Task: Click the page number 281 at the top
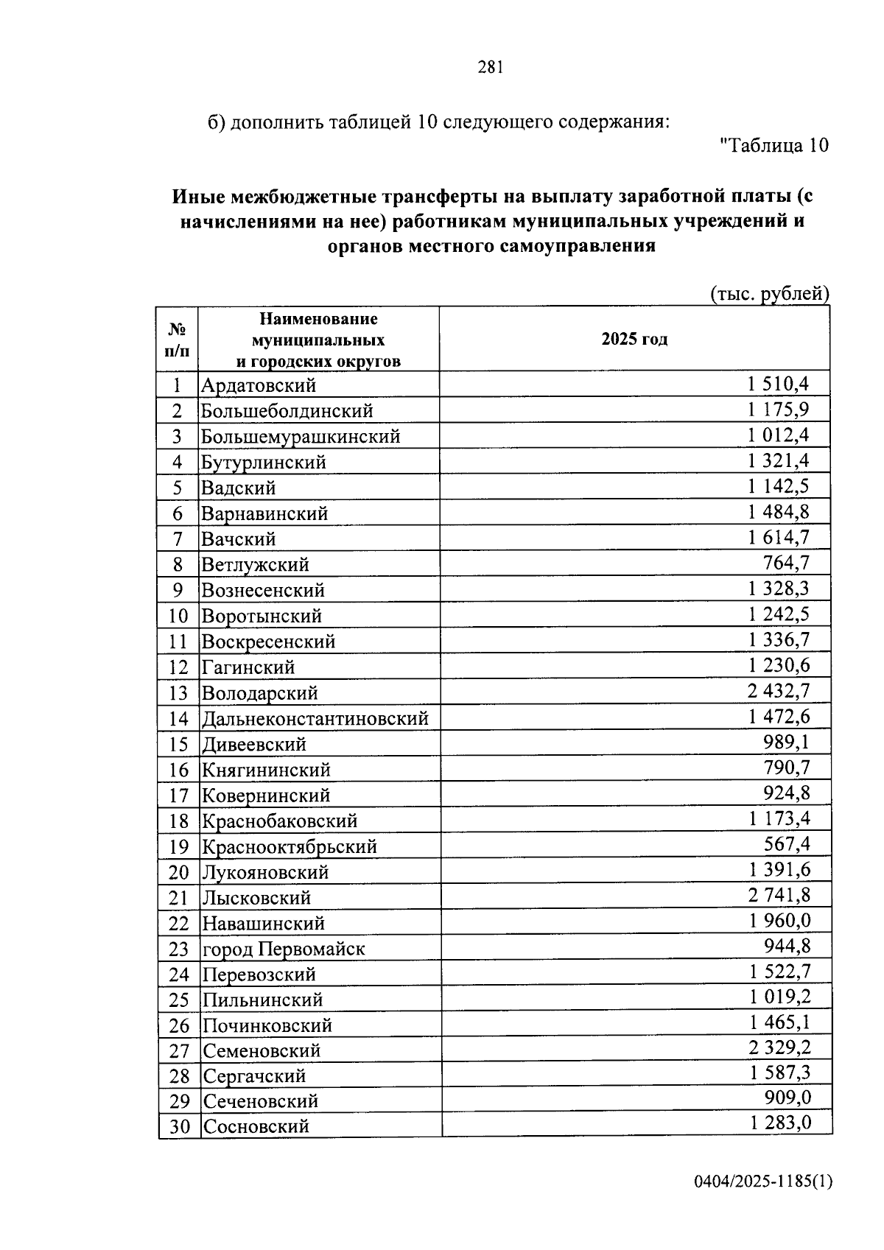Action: click(490, 68)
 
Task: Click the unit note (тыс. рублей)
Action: click(769, 294)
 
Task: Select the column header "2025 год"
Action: click(634, 340)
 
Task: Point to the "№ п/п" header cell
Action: click(178, 340)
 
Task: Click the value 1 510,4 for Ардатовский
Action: click(778, 384)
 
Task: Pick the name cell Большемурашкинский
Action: click(301, 437)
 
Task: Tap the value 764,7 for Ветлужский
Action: click(786, 563)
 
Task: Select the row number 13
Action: click(178, 693)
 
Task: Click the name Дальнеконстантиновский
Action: click(315, 718)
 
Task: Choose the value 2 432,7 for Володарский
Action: click(778, 691)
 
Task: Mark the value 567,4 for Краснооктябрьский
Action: click(787, 844)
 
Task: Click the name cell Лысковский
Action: click(257, 898)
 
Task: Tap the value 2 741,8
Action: click(779, 896)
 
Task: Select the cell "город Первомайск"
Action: click(284, 949)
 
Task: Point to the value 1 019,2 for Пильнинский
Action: click(780, 997)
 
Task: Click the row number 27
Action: click(179, 1051)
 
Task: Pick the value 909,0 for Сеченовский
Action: click(787, 1098)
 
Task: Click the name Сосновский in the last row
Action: click(256, 1126)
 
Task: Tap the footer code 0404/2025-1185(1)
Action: click(762, 1181)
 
